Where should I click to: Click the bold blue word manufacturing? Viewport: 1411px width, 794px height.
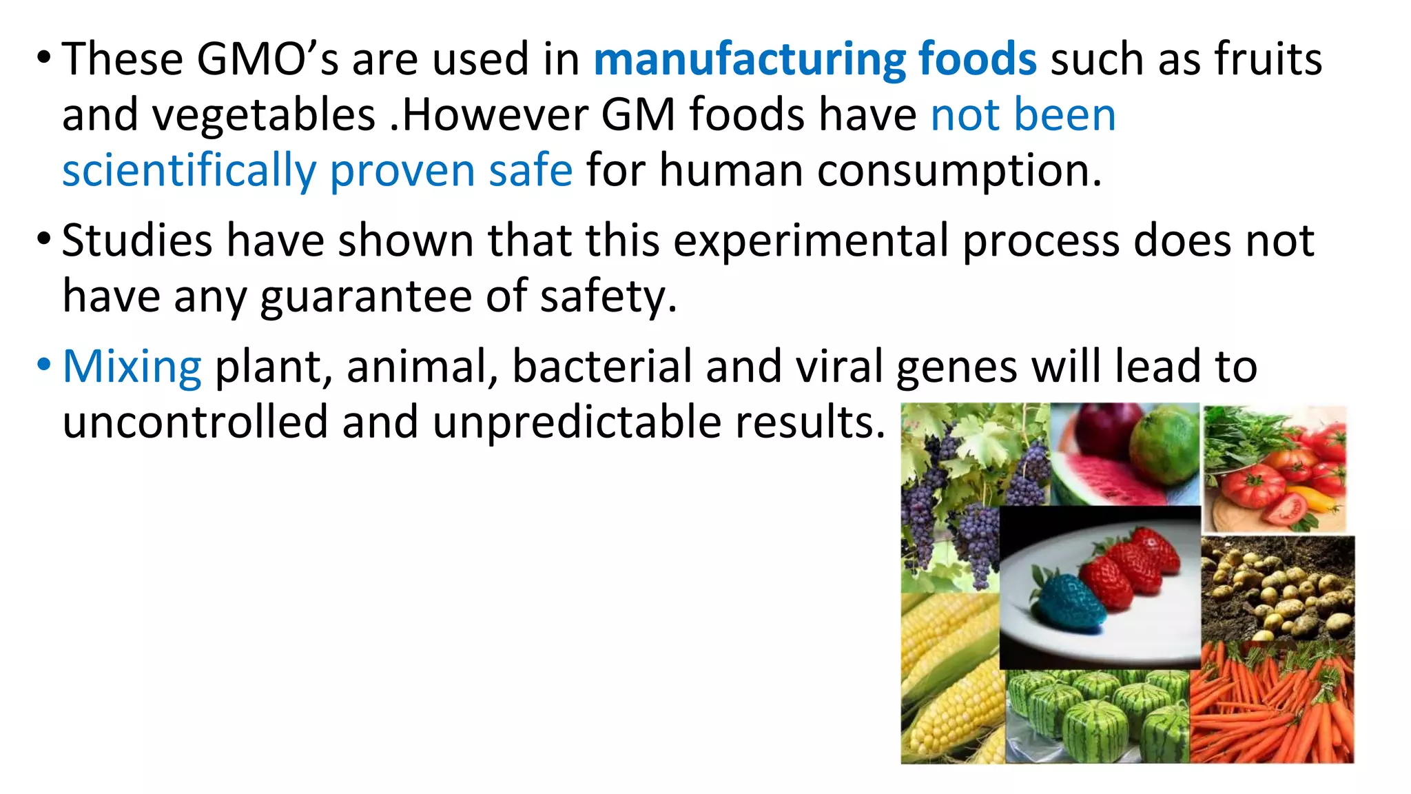pos(749,60)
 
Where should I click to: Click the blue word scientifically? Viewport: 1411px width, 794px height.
pos(189,171)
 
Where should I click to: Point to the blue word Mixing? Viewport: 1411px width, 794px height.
pos(132,366)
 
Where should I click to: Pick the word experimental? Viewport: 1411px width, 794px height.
pos(810,241)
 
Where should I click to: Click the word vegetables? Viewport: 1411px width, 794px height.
pos(264,115)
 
